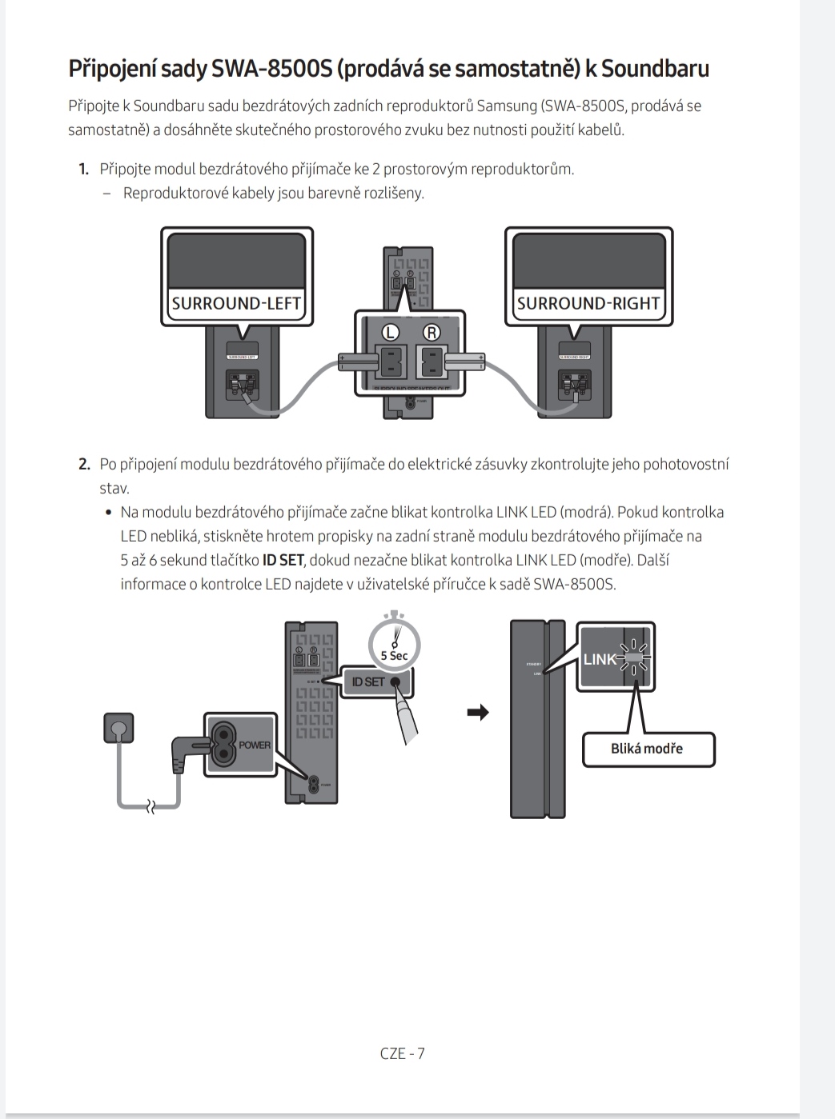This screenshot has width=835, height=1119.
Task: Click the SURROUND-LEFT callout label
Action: click(x=236, y=303)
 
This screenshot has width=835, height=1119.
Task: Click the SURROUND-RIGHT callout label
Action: click(x=588, y=303)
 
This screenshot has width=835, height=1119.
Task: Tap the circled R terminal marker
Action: click(x=431, y=332)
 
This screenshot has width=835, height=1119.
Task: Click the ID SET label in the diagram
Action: click(x=368, y=681)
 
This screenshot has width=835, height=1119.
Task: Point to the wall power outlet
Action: click(x=118, y=728)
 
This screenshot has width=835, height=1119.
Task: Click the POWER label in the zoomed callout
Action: click(x=255, y=745)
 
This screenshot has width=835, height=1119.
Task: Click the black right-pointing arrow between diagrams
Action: click(x=478, y=712)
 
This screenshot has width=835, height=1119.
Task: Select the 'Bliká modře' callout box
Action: click(x=647, y=749)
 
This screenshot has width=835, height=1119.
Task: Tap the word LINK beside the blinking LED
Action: click(x=599, y=659)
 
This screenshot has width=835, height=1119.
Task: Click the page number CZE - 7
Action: click(x=402, y=1053)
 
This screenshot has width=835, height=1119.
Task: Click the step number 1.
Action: click(x=83, y=169)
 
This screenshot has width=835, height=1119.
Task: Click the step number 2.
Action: click(x=83, y=465)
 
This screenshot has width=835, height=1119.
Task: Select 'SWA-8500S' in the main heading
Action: click(x=271, y=69)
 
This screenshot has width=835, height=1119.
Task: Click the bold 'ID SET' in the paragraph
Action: click(x=283, y=560)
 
